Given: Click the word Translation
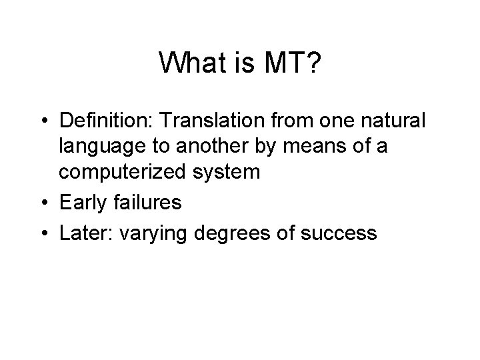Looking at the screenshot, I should pos(215,121).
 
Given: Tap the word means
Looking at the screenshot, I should pos(301,147).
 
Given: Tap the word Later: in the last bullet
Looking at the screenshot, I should pos(85,233).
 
